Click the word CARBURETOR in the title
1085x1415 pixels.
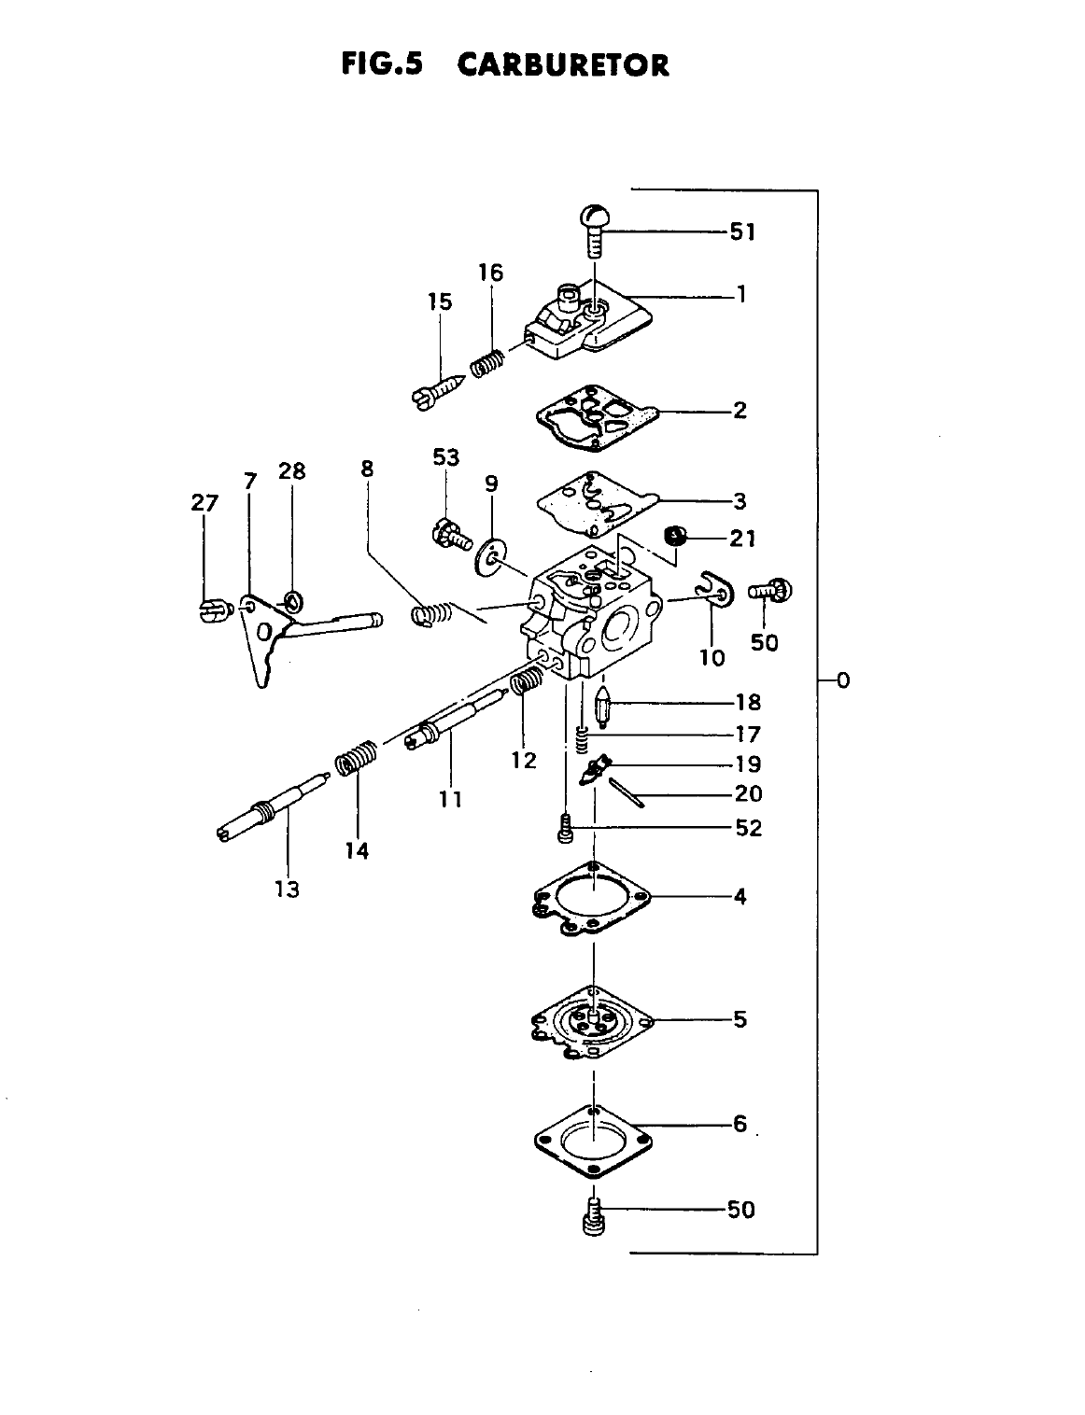pyautogui.click(x=563, y=65)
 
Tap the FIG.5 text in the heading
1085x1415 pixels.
pyautogui.click(x=382, y=64)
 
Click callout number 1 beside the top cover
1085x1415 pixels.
pyautogui.click(x=741, y=295)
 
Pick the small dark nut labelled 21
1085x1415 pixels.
pyautogui.click(x=674, y=537)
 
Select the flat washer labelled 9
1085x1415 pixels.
pyautogui.click(x=486, y=557)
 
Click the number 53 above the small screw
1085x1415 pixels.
pyautogui.click(x=446, y=457)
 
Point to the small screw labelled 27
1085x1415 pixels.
pyautogui.click(x=213, y=611)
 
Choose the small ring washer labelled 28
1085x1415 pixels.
pyautogui.click(x=292, y=599)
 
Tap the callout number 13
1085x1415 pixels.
pyautogui.click(x=288, y=889)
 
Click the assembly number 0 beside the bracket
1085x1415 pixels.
pyautogui.click(x=843, y=679)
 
